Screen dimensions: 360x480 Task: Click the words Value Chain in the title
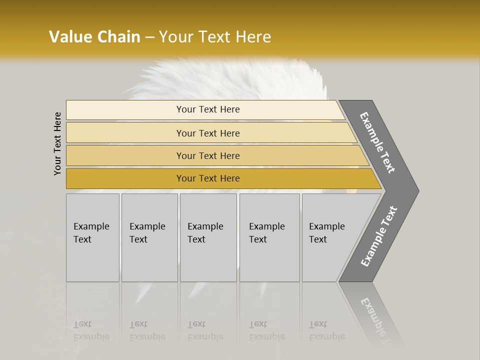click(94, 36)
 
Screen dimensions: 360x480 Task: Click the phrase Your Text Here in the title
click(215, 36)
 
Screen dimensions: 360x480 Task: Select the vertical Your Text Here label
click(57, 143)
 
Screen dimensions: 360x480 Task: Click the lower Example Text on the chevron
click(378, 236)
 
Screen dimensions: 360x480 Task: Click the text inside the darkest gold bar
click(208, 178)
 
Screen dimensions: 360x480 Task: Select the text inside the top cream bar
click(208, 109)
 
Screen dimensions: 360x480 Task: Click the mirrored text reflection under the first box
click(91, 330)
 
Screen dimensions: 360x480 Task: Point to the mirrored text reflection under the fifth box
click(326, 330)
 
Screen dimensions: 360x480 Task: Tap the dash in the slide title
click(149, 37)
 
